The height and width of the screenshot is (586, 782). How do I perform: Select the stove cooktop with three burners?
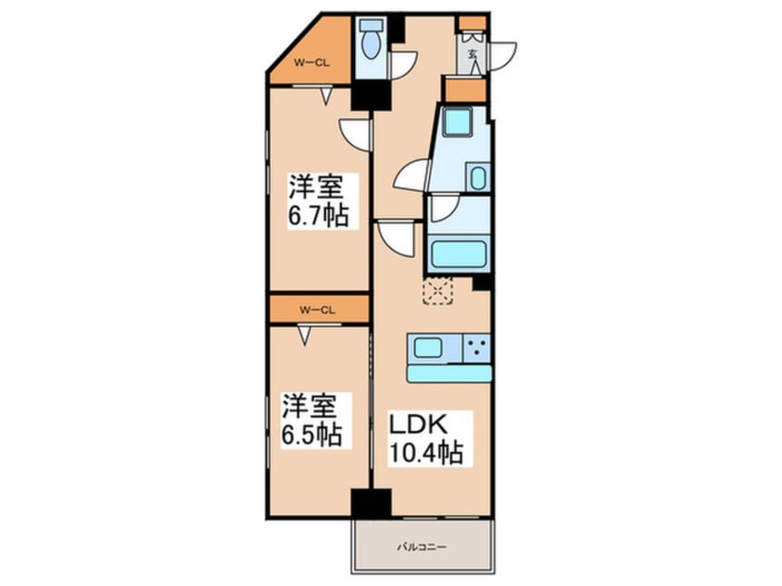(x=476, y=348)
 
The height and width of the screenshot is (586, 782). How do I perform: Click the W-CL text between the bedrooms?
(x=317, y=310)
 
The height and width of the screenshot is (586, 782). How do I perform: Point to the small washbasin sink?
(x=477, y=177)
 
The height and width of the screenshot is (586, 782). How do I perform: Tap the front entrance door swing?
(x=505, y=54)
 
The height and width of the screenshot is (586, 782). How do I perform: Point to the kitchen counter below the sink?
(x=448, y=372)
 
